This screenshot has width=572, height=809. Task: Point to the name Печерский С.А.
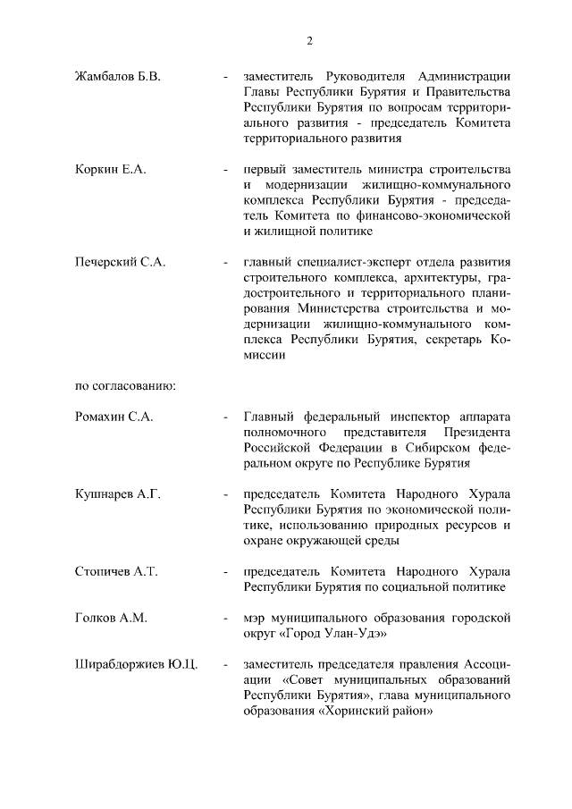120,263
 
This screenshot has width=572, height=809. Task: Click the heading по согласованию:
124,386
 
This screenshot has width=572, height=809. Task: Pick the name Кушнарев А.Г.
117,494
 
